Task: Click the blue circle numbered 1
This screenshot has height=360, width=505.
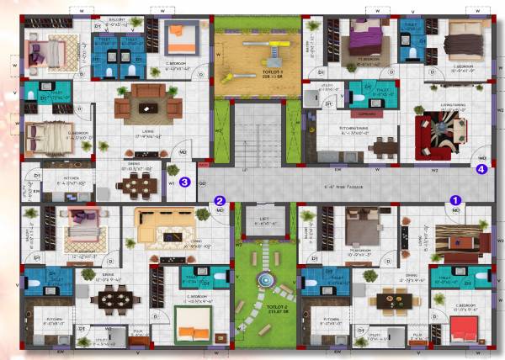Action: tap(455, 200)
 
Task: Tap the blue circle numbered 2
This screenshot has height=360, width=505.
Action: tap(220, 201)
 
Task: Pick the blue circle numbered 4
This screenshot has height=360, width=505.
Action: tap(481, 168)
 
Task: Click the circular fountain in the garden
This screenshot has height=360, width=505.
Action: tap(266, 278)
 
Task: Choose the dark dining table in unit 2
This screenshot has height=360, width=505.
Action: tap(112, 298)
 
